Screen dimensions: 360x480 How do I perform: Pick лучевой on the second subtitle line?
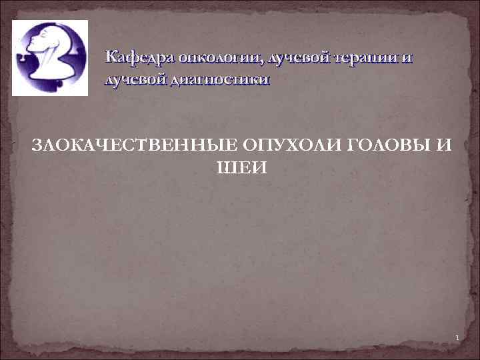pyautogui.click(x=136, y=80)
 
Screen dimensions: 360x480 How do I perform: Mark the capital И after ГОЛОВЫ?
pyautogui.click(x=445, y=145)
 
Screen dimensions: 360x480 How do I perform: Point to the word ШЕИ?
pyautogui.click(x=240, y=167)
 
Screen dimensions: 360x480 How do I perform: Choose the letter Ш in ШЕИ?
pyautogui.click(x=225, y=167)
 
